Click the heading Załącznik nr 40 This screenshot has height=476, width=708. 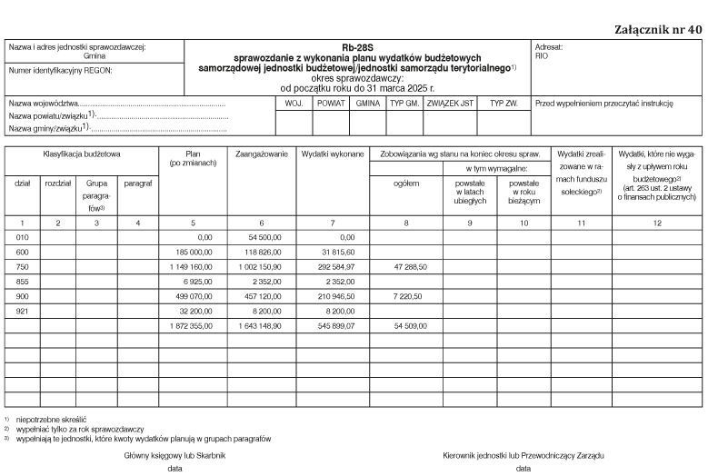click(656, 29)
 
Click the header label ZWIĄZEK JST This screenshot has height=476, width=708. click(450, 104)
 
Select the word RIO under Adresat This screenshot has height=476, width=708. click(543, 55)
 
